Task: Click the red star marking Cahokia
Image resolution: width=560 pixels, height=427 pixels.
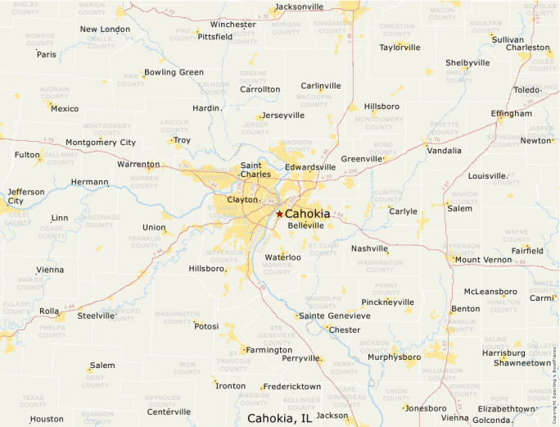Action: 279,214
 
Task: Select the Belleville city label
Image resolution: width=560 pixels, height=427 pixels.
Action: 306,225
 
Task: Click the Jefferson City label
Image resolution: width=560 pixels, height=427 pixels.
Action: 26,196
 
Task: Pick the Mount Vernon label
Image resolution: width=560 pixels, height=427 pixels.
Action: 483,260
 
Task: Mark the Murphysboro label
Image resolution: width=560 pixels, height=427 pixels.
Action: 394,357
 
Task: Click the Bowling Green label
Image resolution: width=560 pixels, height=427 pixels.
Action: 174,72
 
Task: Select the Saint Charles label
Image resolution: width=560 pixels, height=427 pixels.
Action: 255,170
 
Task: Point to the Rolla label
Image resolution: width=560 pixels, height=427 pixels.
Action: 50,311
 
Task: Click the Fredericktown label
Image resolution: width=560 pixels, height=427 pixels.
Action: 293,385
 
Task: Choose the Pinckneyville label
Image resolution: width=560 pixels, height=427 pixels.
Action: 388,302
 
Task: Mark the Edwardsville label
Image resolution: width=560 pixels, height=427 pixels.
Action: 310,167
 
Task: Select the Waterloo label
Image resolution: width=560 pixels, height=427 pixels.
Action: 283,257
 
